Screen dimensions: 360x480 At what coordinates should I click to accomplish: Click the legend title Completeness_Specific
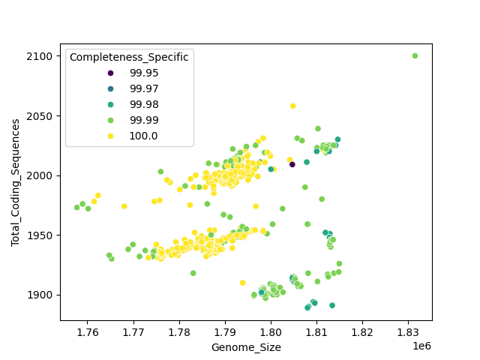(128, 57)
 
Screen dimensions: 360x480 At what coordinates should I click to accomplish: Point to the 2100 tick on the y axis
(42, 56)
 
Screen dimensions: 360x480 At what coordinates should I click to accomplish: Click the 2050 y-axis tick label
(42, 116)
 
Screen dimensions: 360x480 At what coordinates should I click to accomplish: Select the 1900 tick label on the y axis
(42, 295)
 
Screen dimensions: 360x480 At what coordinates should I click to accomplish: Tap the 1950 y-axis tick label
(42, 235)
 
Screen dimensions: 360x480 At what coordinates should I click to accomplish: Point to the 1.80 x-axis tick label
(271, 332)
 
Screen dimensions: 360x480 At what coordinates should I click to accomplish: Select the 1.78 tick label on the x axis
(179, 332)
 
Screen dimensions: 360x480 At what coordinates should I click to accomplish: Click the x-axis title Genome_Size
(246, 347)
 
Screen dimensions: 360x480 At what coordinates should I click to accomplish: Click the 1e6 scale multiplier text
(421, 346)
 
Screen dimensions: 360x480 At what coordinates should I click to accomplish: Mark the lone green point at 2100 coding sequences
(415, 55)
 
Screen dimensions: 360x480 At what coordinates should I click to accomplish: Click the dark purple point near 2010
(292, 164)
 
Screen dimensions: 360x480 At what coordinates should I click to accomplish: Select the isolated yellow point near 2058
(292, 106)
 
